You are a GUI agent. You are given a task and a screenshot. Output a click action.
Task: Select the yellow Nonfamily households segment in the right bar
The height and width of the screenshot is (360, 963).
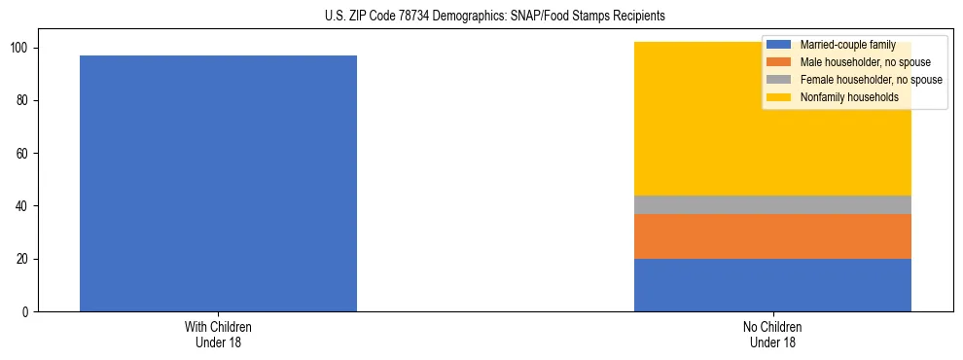pos(700,146)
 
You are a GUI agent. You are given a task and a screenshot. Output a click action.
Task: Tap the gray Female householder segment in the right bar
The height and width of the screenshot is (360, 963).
pos(772,204)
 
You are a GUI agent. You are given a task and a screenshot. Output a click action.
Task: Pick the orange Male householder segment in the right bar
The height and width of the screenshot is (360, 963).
pos(772,236)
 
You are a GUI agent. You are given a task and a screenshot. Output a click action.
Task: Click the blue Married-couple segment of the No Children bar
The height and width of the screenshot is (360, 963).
pos(772,285)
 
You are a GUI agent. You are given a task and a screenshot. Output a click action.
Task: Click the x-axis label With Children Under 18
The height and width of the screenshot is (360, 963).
pos(218,334)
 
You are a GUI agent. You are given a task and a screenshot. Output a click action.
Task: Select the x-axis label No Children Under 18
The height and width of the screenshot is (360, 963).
pos(772,334)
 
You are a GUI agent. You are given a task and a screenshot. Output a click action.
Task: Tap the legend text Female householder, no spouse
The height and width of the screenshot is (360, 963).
pos(871,80)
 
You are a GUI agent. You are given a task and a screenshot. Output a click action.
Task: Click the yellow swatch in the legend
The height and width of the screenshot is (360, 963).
pos(779,97)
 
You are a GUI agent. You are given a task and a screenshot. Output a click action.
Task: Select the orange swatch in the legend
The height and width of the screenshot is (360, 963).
pos(779,62)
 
